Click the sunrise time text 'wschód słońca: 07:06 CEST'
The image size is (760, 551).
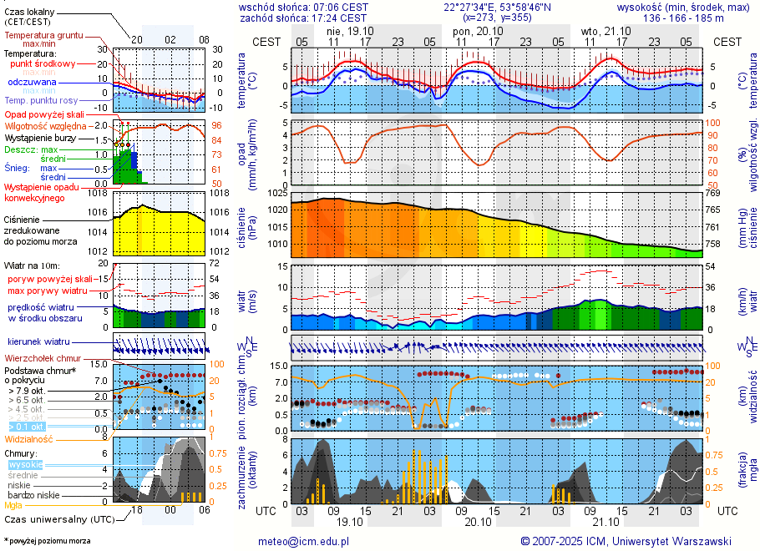click(x=303, y=7)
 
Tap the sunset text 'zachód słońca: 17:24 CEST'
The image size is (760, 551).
click(x=303, y=18)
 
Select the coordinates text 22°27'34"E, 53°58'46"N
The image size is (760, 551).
click(x=498, y=7)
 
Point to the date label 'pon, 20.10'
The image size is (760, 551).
click(x=473, y=31)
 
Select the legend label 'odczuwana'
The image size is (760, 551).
click(x=32, y=83)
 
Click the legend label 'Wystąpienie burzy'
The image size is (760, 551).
click(x=42, y=137)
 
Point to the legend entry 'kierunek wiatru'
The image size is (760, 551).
click(x=38, y=341)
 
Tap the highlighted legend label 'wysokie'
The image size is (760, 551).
click(x=25, y=464)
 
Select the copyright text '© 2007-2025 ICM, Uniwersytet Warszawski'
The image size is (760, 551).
click(x=626, y=541)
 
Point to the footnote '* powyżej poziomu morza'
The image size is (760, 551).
click(x=47, y=541)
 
